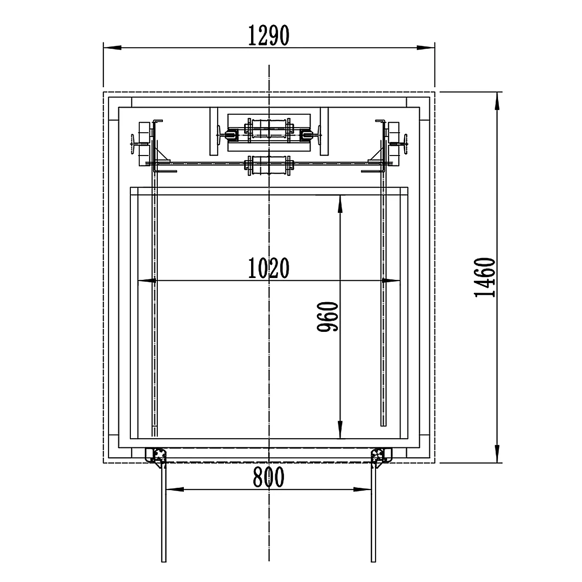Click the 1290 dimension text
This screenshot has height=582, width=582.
tap(269, 36)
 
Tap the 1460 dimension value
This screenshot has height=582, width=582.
tap(485, 278)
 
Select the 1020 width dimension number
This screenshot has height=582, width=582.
tap(269, 268)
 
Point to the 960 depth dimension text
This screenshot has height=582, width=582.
tap(327, 317)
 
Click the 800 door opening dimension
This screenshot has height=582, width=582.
tap(269, 477)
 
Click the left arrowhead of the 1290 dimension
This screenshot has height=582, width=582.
tap(112, 48)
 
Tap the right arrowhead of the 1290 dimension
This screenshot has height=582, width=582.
tap(426, 48)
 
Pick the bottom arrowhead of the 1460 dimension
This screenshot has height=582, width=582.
tap(497, 453)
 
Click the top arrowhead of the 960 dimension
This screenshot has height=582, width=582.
tap(340, 205)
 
